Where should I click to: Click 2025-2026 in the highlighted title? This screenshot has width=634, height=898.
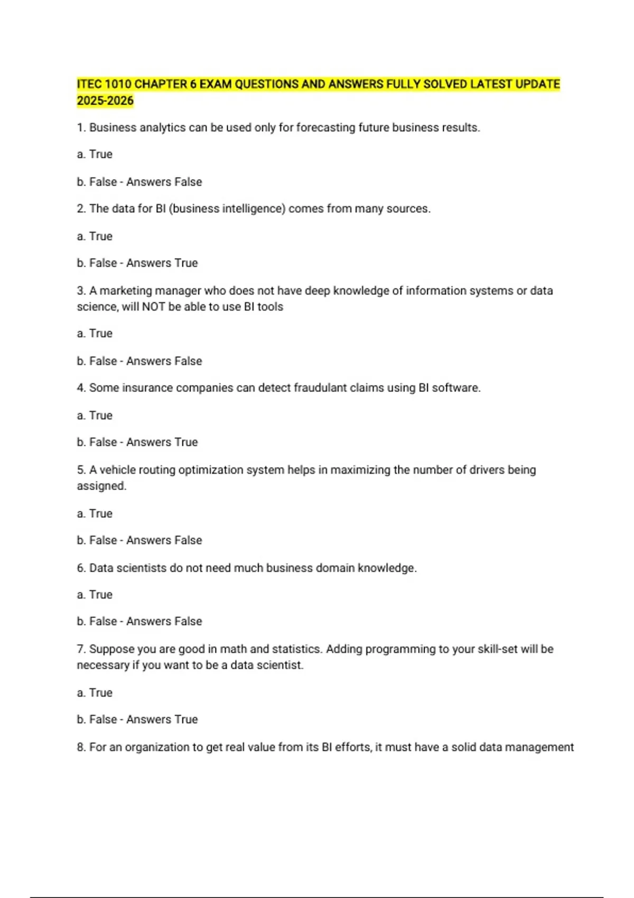click(x=105, y=101)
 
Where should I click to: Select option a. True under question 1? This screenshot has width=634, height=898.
click(x=95, y=154)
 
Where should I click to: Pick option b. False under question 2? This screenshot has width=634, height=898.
click(x=97, y=263)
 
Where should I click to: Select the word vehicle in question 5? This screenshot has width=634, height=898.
click(x=118, y=470)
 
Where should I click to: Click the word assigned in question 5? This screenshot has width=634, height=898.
click(x=101, y=486)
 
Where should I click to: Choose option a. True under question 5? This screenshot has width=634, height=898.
click(x=95, y=513)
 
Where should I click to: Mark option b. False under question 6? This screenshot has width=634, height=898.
click(x=97, y=621)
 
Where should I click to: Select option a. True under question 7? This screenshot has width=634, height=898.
click(x=95, y=693)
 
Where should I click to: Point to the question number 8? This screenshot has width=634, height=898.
click(x=81, y=747)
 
